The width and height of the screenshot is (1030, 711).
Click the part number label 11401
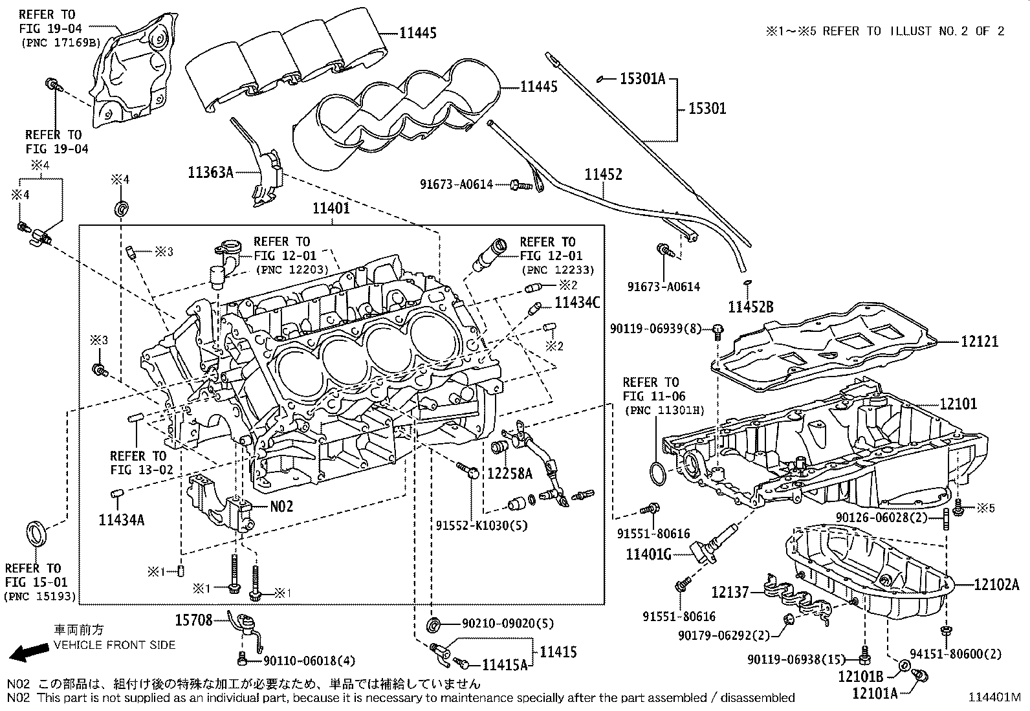coord(331,208)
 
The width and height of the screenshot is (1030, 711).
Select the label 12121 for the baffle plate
coord(979,341)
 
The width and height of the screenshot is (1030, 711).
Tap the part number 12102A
coord(997,585)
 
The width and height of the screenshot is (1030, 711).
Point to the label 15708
coord(193,620)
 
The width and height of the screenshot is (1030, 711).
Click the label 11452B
coord(751,307)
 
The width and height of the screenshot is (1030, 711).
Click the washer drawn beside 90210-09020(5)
coord(435,625)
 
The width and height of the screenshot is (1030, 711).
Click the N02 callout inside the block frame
coord(281,506)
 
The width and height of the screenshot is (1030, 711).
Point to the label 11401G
coord(648,554)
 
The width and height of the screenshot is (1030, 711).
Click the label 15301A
coord(642,79)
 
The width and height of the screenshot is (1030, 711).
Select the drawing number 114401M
coord(994,697)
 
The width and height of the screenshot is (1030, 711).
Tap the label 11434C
coord(577,301)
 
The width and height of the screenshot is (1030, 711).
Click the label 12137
coord(730,591)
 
